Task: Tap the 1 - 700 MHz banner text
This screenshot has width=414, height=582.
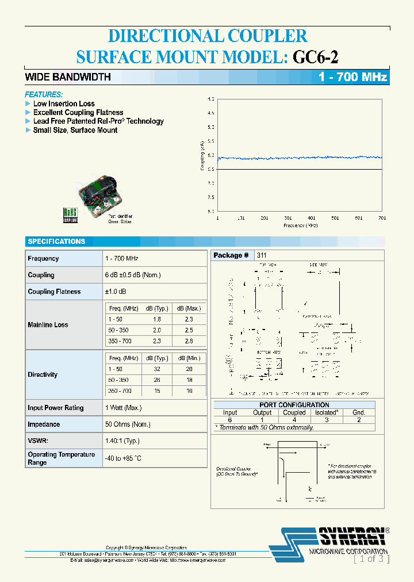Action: click(x=353, y=77)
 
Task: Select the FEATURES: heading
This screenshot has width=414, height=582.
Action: click(x=44, y=94)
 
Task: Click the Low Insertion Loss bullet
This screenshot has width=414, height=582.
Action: click(x=64, y=104)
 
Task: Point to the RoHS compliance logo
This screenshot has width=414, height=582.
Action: click(x=70, y=214)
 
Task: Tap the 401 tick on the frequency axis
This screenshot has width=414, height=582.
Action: click(x=311, y=218)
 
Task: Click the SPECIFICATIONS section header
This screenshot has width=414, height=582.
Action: click(x=56, y=242)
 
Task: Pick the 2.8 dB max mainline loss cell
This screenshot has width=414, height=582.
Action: click(x=189, y=341)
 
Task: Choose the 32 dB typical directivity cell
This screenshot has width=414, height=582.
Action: click(x=157, y=369)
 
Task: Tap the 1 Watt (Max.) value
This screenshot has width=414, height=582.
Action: click(x=123, y=408)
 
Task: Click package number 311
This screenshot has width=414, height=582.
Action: click(x=262, y=255)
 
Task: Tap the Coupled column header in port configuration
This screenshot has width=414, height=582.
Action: click(x=294, y=412)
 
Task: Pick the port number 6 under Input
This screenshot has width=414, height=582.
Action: click(x=229, y=420)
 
